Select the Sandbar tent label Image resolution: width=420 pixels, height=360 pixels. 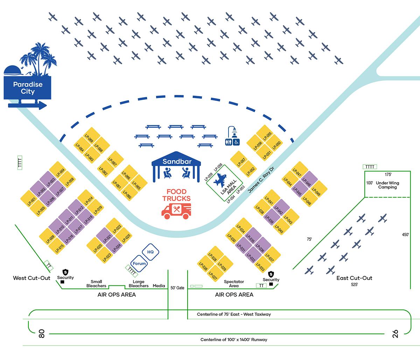click(x=176, y=162)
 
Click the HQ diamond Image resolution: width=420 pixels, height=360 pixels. click(x=150, y=252)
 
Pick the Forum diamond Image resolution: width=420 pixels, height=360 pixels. click(x=138, y=263)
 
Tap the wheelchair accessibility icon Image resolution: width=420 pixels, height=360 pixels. click(x=237, y=142)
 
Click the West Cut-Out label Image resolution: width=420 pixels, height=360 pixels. click(x=31, y=278)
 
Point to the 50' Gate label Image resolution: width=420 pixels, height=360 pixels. click(x=177, y=288)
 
